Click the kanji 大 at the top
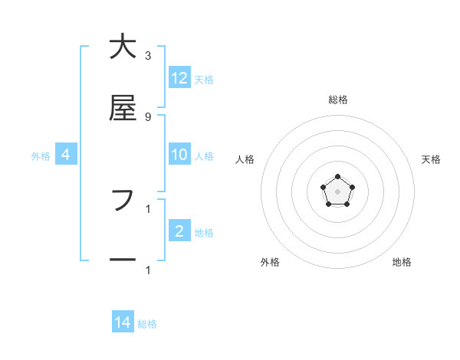(122, 48)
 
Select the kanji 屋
(122, 110)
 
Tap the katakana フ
(122, 201)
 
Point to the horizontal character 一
(122, 260)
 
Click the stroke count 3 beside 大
(148, 56)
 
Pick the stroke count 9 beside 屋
(148, 116)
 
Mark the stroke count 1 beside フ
(148, 208)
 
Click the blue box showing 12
(179, 78)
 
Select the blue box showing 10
(179, 155)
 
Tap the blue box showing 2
(179, 231)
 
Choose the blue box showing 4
(66, 155)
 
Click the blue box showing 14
(123, 322)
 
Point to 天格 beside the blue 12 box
(204, 80)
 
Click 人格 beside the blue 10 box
(204, 156)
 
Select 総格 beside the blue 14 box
(147, 324)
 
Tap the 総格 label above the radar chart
(337, 100)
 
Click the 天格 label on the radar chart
(432, 159)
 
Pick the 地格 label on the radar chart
(402, 262)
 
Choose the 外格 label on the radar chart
(270, 262)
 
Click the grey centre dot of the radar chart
(337, 191)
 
